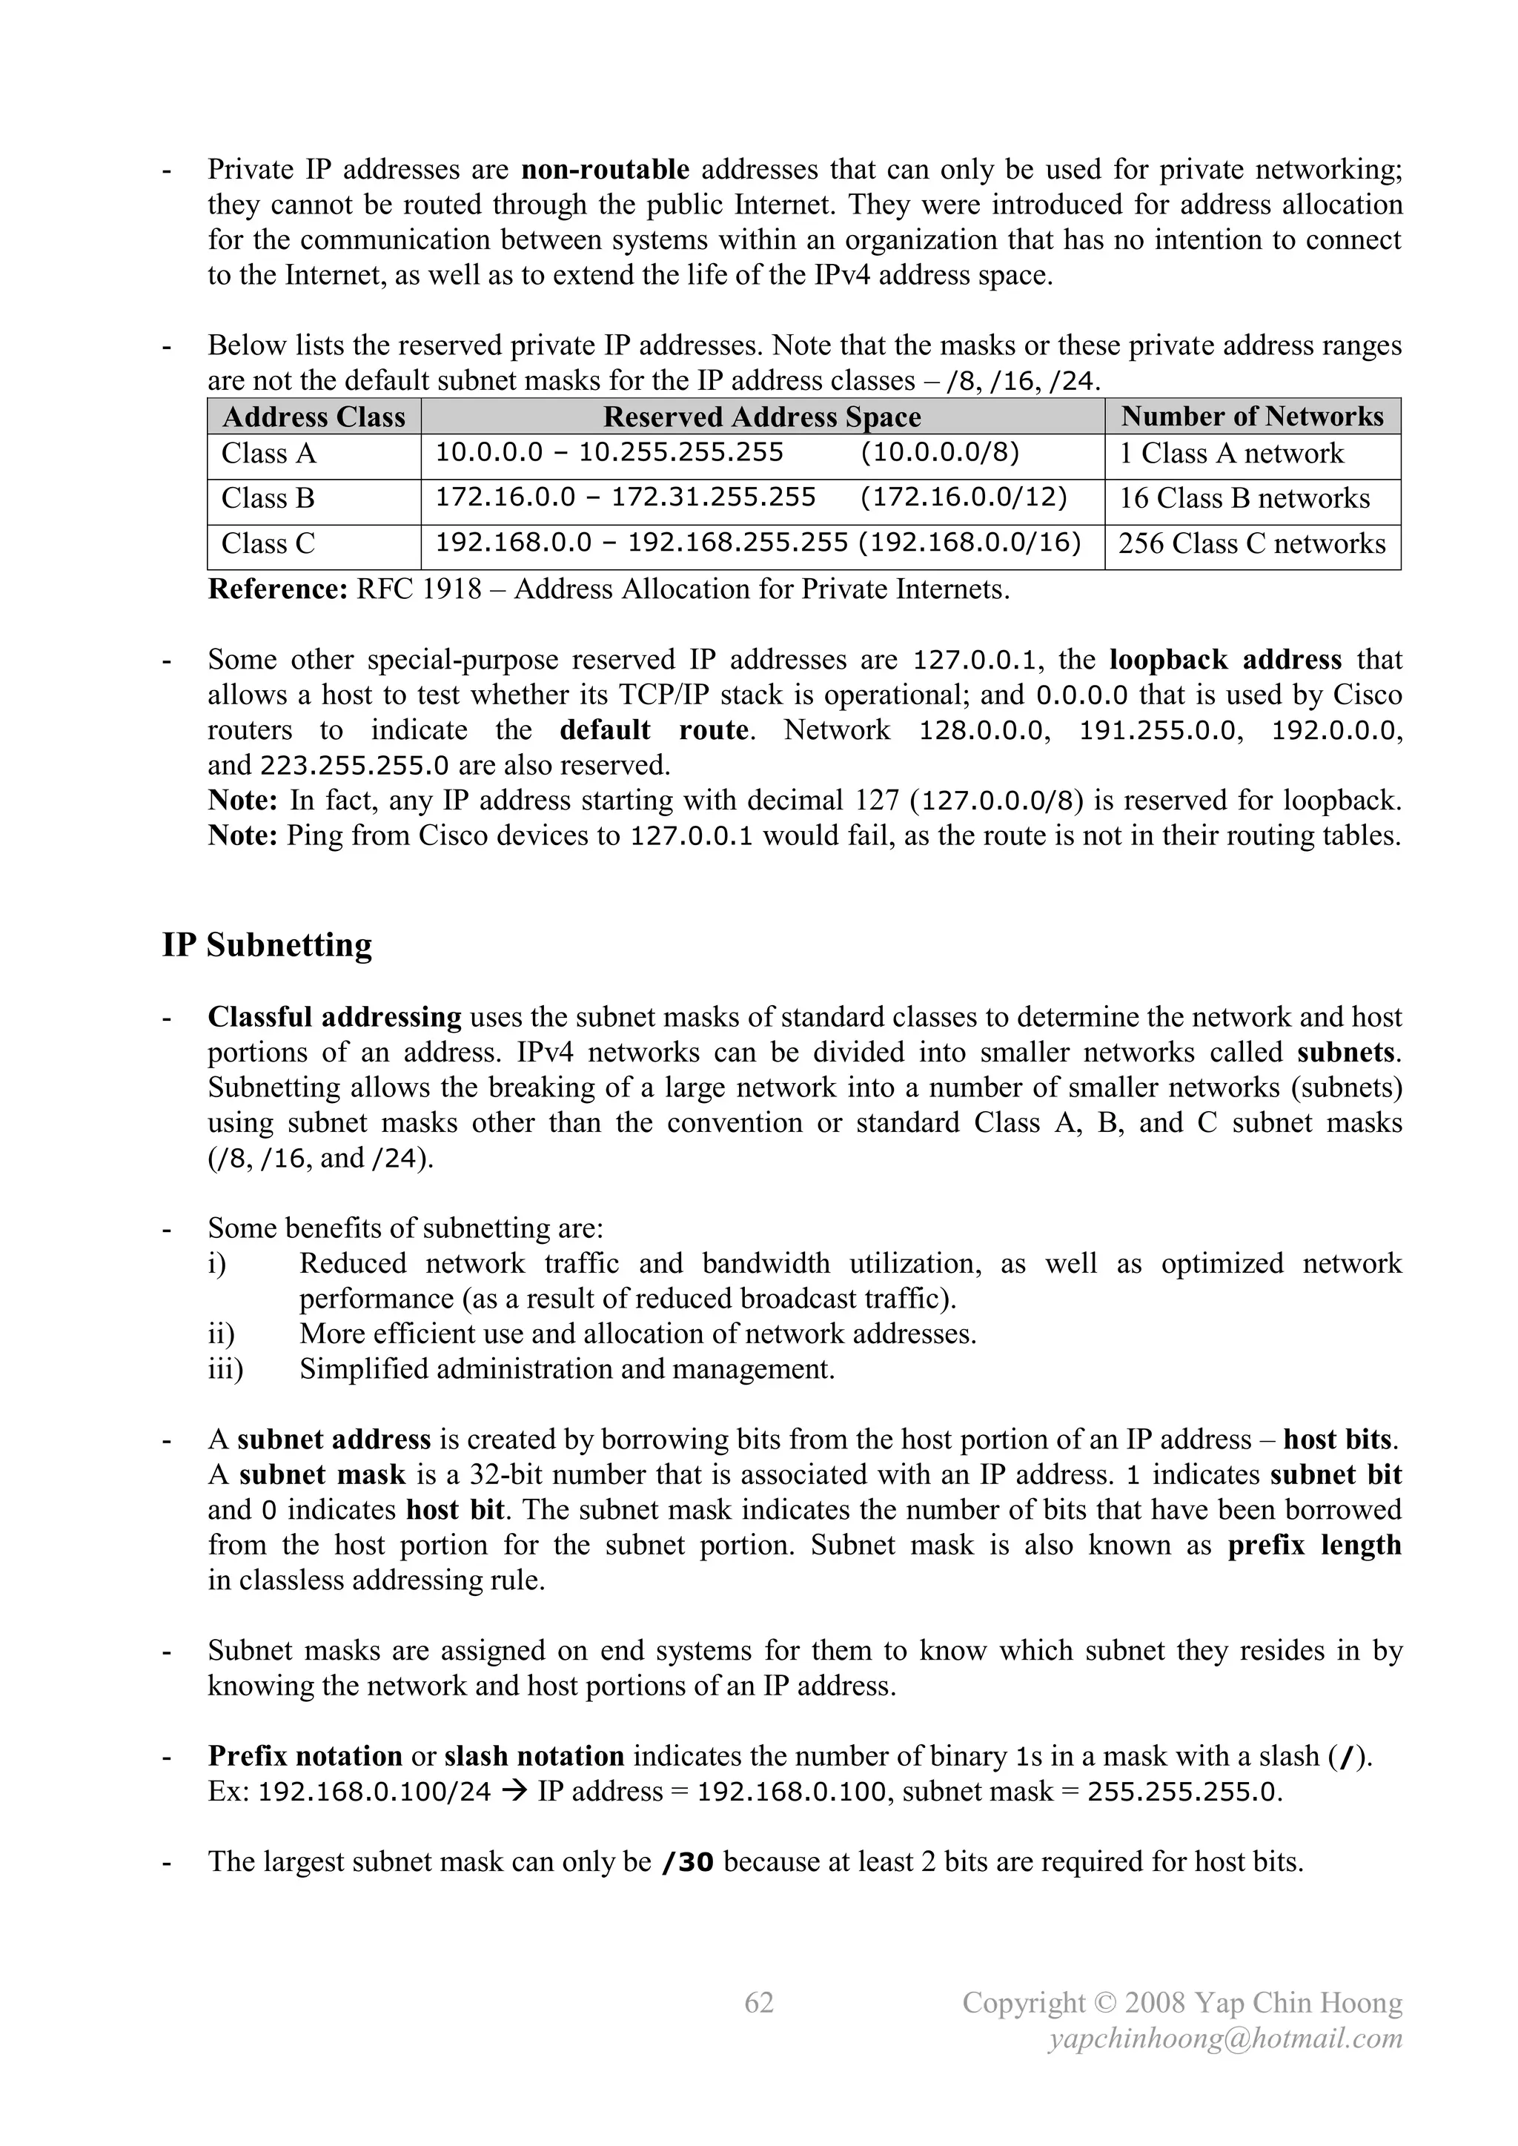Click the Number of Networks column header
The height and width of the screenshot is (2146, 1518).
point(1252,417)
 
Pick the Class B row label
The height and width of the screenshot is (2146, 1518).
point(268,498)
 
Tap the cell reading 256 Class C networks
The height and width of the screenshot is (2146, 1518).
point(1252,543)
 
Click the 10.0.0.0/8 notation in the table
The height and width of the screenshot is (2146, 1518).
point(939,454)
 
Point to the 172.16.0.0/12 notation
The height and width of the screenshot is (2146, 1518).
point(963,497)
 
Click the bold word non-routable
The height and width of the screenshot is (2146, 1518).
point(605,169)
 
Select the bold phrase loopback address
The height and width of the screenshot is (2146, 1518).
point(1224,660)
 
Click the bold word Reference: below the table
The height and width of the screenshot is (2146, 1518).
point(278,590)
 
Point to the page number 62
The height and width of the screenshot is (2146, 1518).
point(758,2002)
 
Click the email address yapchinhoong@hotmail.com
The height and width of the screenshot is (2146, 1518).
point(1224,2038)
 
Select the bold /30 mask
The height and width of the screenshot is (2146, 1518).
point(687,1862)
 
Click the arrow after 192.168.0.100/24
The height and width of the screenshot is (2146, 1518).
point(514,1792)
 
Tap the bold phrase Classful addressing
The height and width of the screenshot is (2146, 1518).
point(334,1017)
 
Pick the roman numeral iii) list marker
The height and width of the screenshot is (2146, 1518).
point(225,1369)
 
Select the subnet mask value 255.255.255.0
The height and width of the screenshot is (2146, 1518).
point(1184,1792)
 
